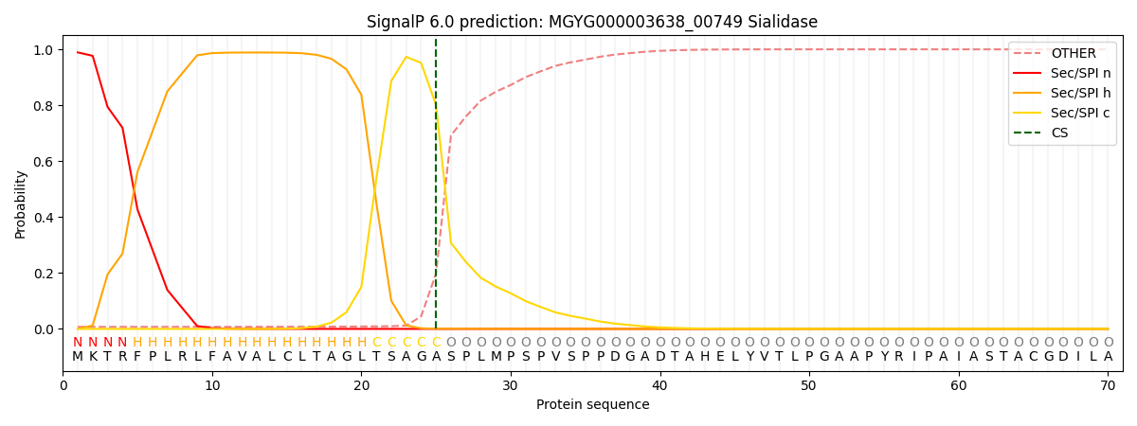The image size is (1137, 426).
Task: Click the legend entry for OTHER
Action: (1074, 54)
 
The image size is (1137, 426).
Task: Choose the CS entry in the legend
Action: (1059, 133)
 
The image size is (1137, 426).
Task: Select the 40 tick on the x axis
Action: (659, 385)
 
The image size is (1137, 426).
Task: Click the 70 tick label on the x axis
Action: (1108, 385)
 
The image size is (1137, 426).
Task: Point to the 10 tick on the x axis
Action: (212, 385)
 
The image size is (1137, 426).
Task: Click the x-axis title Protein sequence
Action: (592, 404)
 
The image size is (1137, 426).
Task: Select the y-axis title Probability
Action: (21, 204)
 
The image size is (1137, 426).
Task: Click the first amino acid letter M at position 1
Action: (78, 357)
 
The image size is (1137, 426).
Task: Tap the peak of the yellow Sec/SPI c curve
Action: (406, 57)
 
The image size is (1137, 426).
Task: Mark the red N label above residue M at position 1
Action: (78, 343)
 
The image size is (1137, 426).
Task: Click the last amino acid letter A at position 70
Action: (1108, 357)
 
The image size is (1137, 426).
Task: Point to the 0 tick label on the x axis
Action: (63, 385)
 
